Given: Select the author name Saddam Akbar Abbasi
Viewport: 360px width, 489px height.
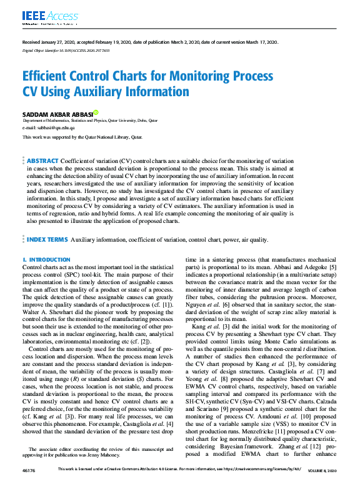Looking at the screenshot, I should tap(57, 114).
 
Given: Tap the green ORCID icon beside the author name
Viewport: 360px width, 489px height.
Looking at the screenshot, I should tap(96, 113).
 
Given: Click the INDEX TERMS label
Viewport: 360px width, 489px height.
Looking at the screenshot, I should tap(46, 239).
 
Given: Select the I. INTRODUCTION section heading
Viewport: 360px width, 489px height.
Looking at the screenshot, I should tap(46, 259).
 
